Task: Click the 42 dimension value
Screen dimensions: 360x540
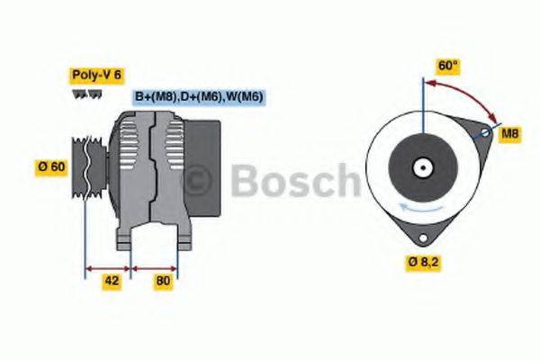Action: point(112,281)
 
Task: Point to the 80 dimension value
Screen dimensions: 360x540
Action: point(164,281)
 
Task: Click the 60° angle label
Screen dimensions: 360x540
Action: point(447,66)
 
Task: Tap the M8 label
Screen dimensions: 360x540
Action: point(510,133)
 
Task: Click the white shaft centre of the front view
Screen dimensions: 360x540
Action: point(420,167)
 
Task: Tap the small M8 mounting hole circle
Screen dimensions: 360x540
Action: point(484,132)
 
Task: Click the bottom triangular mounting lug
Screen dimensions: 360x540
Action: point(420,236)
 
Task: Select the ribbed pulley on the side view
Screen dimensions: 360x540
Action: point(89,166)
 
